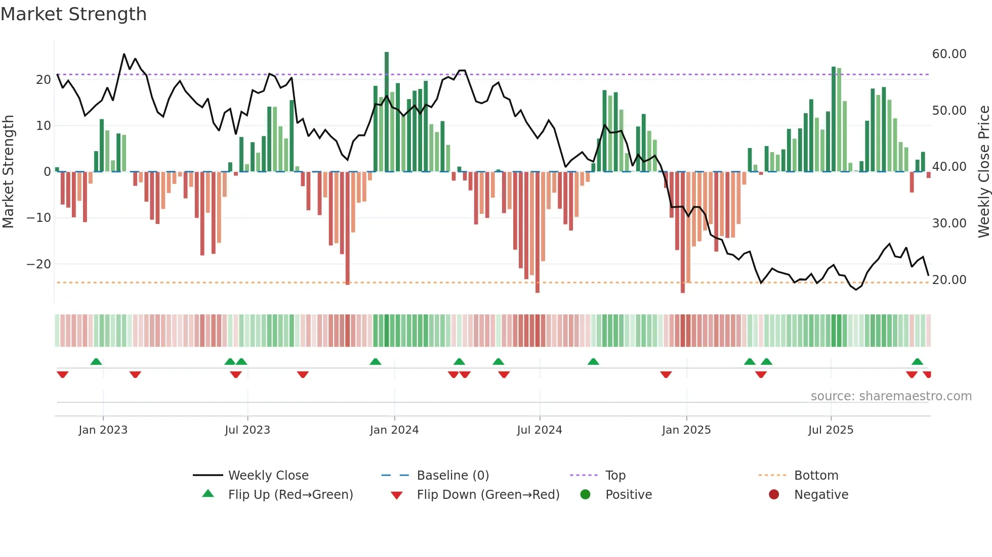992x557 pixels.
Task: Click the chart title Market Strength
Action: [x=73, y=14]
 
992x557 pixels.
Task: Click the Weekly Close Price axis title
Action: [x=983, y=171]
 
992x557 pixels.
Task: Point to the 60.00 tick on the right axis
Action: [x=949, y=54]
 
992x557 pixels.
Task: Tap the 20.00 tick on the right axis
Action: [x=949, y=280]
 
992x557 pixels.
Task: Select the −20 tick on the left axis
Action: [x=38, y=264]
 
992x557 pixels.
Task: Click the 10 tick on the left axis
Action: [x=44, y=125]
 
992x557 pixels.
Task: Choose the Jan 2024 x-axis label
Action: [x=394, y=430]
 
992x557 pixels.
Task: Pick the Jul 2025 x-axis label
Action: [x=831, y=430]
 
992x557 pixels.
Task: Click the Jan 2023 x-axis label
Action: [x=103, y=430]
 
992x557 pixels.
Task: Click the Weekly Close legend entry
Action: [x=268, y=476]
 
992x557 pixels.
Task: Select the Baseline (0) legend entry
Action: [x=452, y=476]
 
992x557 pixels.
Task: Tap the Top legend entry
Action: [x=615, y=476]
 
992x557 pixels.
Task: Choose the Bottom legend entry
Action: [x=816, y=476]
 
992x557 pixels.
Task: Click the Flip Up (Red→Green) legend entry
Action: [x=290, y=495]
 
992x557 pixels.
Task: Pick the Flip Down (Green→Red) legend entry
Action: [x=488, y=495]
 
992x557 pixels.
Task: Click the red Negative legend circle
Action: [x=774, y=495]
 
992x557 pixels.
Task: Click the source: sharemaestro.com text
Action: [x=891, y=396]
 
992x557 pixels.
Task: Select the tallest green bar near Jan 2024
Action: [x=387, y=111]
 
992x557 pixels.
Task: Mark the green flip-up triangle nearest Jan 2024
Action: [x=375, y=362]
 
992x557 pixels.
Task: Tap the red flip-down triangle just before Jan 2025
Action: [x=666, y=375]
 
